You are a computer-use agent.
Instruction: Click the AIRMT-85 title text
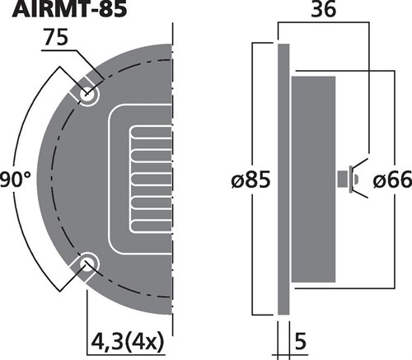coord(69,9)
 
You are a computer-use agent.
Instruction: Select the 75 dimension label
coord(56,38)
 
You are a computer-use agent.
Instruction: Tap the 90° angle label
coord(16,180)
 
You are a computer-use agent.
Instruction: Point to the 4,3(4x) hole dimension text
coord(127,342)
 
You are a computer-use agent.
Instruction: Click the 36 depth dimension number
coord(323,10)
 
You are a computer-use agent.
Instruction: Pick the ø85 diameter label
coord(250,180)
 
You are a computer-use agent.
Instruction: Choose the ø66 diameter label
coord(392,180)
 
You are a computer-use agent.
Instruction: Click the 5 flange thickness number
coord(301,342)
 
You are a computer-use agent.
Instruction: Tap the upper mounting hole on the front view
coord(88,95)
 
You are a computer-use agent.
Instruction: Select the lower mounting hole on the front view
coord(88,264)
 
